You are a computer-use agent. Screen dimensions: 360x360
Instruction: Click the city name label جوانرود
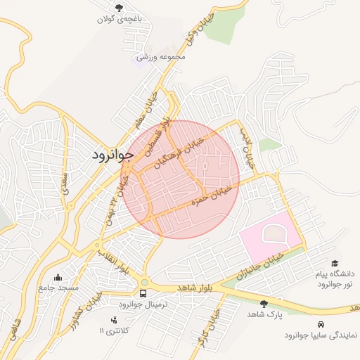[x=112, y=155]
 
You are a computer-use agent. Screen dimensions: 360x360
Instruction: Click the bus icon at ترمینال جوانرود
[x=143, y=293]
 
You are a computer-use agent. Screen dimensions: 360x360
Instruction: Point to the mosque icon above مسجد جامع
[x=58, y=277]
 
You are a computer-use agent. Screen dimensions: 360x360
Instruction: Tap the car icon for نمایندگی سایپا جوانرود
[x=321, y=324]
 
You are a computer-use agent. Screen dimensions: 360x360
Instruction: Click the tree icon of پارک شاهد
[x=264, y=304]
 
